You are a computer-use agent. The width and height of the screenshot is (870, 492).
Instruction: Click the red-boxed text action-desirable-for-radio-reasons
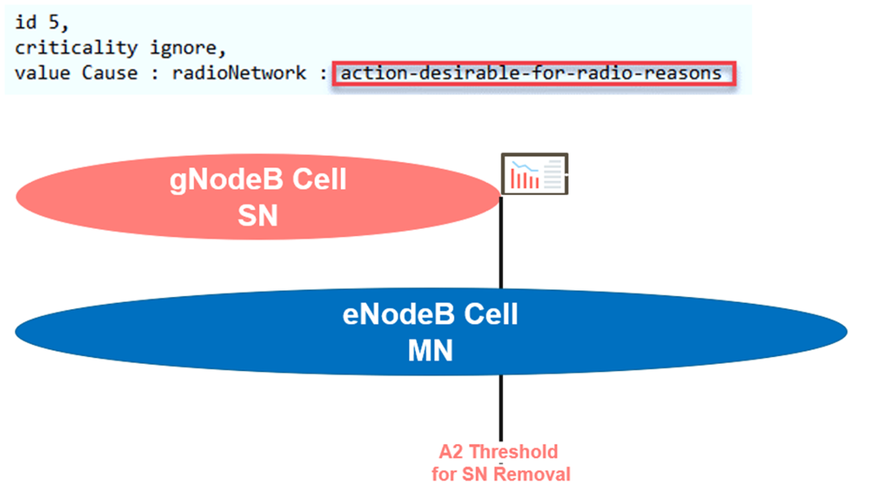click(x=531, y=73)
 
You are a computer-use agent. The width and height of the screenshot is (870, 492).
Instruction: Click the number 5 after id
click(x=56, y=23)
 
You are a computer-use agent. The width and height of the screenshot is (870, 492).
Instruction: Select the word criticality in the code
click(x=75, y=48)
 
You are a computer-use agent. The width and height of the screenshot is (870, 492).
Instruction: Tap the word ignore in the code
click(x=174, y=48)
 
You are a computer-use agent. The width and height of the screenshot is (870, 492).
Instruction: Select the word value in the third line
click(x=43, y=73)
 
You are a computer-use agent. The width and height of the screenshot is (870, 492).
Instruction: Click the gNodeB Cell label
click(x=258, y=180)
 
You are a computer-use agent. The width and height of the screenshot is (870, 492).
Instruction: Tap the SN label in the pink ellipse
click(x=258, y=214)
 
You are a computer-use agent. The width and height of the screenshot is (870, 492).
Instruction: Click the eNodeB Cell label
click(x=431, y=313)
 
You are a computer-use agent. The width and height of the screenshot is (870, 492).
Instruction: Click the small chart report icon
click(x=535, y=174)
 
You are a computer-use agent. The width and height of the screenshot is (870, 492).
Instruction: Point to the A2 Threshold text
click(x=499, y=453)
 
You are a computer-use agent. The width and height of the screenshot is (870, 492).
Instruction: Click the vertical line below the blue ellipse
click(x=501, y=409)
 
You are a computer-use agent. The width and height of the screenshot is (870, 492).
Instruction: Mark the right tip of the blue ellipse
click(x=847, y=331)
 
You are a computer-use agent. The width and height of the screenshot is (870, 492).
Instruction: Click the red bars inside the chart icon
click(x=525, y=180)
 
